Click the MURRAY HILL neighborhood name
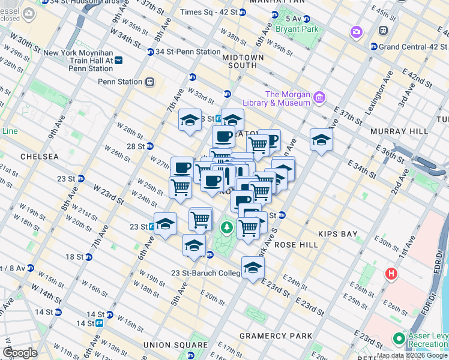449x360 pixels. pos(399,131)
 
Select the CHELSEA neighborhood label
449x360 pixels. pos(39,156)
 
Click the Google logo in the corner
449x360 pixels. pos(20,352)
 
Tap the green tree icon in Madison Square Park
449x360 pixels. pos(226,227)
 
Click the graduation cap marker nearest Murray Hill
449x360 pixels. pos(321,140)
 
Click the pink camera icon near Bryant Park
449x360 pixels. pos(357,31)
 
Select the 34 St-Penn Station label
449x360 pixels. pos(188,52)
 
